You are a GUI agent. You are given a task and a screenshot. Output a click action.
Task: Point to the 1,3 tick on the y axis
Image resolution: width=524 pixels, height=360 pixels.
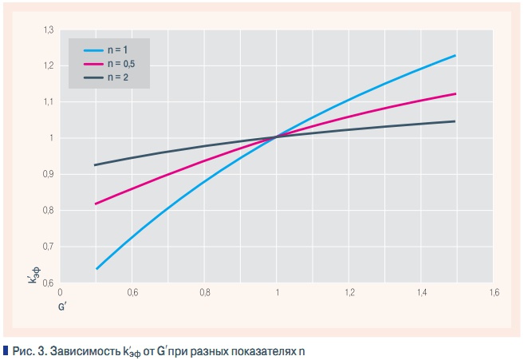pyautogui.click(x=48, y=30)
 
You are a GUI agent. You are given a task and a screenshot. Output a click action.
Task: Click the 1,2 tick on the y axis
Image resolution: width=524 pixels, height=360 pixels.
pyautogui.click(x=48, y=65)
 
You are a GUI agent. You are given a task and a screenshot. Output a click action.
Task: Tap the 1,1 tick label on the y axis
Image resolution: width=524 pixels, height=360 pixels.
pyautogui.click(x=48, y=101)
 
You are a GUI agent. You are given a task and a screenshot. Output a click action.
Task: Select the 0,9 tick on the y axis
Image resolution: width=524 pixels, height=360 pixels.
pyautogui.click(x=48, y=174)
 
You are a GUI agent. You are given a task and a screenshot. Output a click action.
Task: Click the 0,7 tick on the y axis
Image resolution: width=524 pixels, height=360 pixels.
pyautogui.click(x=48, y=247)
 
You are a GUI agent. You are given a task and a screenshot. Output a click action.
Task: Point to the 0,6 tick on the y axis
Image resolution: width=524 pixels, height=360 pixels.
pyautogui.click(x=48, y=283)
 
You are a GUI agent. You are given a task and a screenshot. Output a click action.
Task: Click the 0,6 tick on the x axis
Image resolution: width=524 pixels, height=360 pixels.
pyautogui.click(x=132, y=293)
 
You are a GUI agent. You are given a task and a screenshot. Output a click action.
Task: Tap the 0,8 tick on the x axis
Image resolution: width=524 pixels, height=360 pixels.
pyautogui.click(x=204, y=293)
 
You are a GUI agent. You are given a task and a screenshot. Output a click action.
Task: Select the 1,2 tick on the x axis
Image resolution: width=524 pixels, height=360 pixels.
pyautogui.click(x=349, y=293)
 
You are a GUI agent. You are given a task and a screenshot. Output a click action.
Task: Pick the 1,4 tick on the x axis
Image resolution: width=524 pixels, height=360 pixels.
pyautogui.click(x=420, y=293)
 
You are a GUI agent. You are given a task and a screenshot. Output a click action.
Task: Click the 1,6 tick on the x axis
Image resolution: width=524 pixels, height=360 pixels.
pyautogui.click(x=493, y=293)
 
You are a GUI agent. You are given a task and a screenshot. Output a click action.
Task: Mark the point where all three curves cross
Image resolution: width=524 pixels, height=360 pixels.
pyautogui.click(x=277, y=137)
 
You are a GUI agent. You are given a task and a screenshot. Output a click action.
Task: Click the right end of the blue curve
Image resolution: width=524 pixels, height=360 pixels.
pyautogui.click(x=455, y=55)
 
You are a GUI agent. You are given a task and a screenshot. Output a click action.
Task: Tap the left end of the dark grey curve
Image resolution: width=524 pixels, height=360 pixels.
pyautogui.click(x=95, y=165)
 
